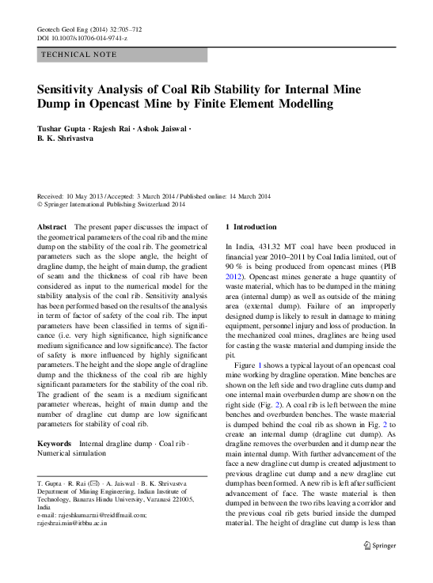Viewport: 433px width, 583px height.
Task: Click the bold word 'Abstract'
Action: pos(52,226)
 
